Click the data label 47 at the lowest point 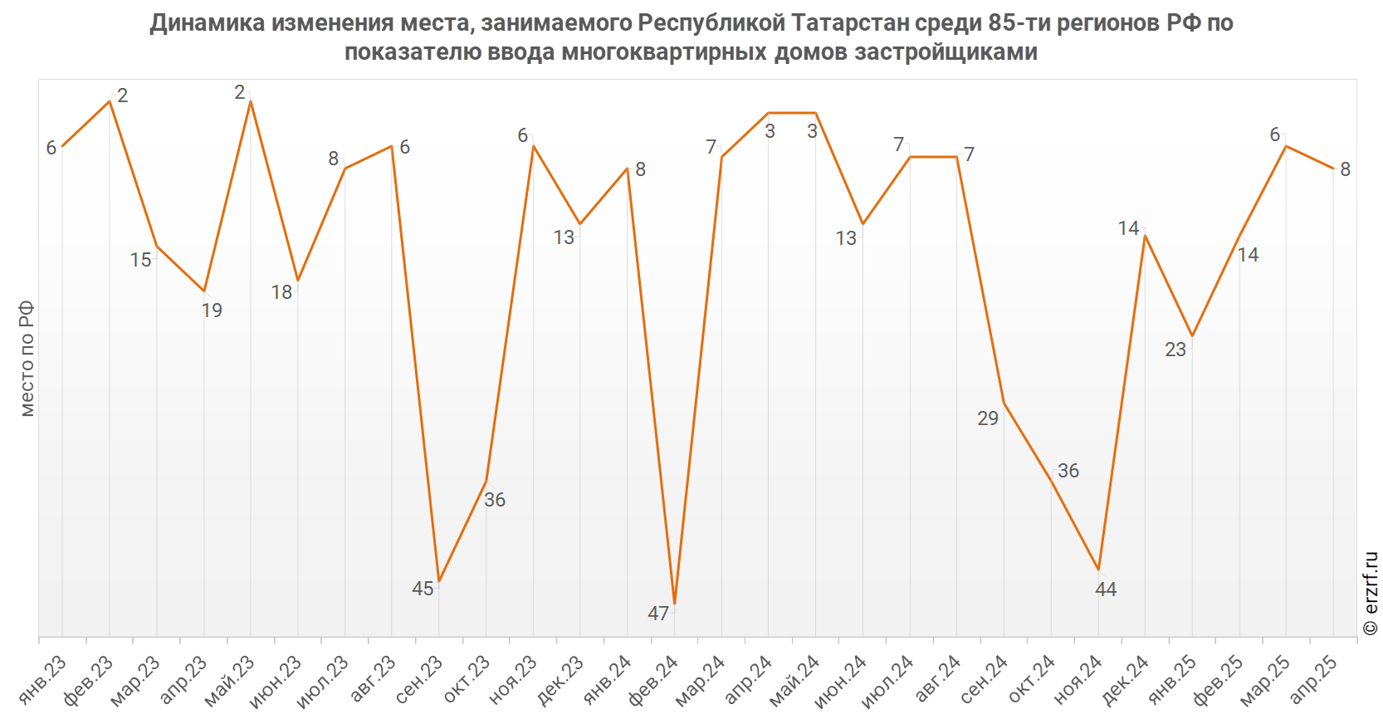(658, 614)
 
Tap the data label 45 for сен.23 (423, 589)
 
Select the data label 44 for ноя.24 (1106, 589)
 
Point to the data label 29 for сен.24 (988, 418)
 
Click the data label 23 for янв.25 (1175, 350)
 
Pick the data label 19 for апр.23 (212, 311)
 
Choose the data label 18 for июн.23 (281, 292)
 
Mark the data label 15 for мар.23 (141, 260)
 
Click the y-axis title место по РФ (27, 358)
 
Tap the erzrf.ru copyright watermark (1371, 593)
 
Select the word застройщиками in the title (946, 51)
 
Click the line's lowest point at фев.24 (675, 604)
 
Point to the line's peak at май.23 (251, 101)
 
